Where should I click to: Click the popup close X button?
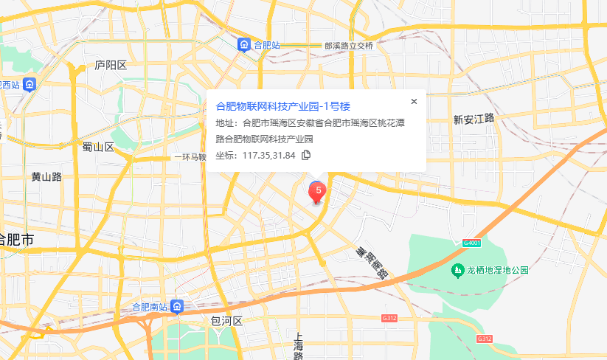pyautogui.click(x=414, y=102)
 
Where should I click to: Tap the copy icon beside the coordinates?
pyautogui.click(x=306, y=155)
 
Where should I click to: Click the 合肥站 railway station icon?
pyautogui.click(x=243, y=46)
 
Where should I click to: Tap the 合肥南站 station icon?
pyautogui.click(x=178, y=306)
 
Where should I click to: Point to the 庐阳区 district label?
pyautogui.click(x=111, y=65)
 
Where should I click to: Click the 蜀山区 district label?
pyautogui.click(x=98, y=147)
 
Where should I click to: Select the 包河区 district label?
pyautogui.click(x=226, y=321)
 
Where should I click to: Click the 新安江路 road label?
pyautogui.click(x=473, y=119)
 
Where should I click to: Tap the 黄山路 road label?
pyautogui.click(x=46, y=176)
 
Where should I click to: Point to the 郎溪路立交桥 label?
pyautogui.click(x=349, y=46)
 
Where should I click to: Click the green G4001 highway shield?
pyautogui.click(x=472, y=243)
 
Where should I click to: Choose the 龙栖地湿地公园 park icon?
pyautogui.click(x=458, y=270)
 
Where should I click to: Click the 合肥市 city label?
pyautogui.click(x=16, y=240)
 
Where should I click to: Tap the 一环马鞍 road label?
pyautogui.click(x=190, y=157)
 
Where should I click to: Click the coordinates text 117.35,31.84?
pyautogui.click(x=268, y=155)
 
